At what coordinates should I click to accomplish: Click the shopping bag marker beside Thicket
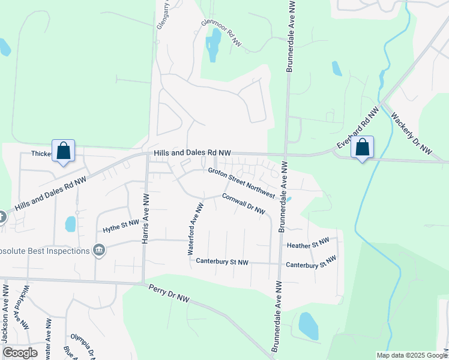tap(64, 150)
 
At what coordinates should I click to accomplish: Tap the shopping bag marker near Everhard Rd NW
tap(362, 147)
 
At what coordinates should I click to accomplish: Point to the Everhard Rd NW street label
tap(358, 128)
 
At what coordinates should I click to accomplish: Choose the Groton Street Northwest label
tap(241, 182)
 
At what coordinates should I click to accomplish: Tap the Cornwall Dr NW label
tap(243, 203)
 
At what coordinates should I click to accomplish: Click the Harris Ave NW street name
tap(145, 218)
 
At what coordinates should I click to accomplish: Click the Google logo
tap(20, 352)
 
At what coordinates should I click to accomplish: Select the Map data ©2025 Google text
tap(411, 355)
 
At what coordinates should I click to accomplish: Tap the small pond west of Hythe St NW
tap(70, 224)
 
